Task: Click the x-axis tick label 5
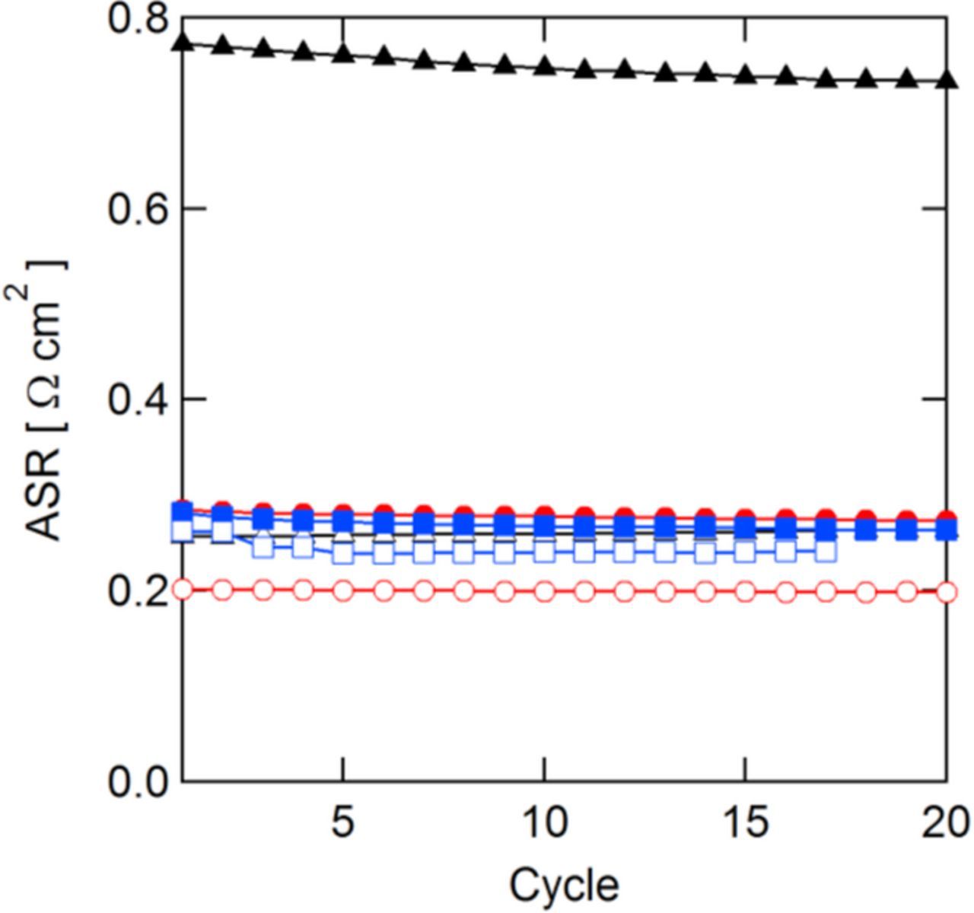[x=343, y=822]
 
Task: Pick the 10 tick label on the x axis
[x=544, y=822]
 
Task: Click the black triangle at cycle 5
[x=344, y=53]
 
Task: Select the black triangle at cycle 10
[x=544, y=65]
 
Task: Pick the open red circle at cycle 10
[x=544, y=590]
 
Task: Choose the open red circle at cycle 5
[x=343, y=590]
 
